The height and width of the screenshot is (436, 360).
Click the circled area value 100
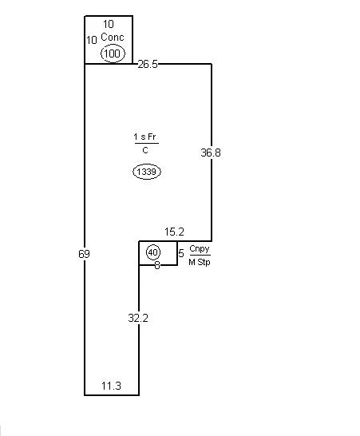[113, 54]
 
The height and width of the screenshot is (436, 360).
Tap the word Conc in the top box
[113, 37]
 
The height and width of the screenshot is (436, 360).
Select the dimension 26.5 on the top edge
[148, 64]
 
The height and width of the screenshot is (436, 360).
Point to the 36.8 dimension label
[211, 153]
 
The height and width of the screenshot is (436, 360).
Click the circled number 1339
[147, 172]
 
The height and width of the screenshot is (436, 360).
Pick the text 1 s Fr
[144, 137]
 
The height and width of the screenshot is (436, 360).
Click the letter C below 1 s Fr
[145, 150]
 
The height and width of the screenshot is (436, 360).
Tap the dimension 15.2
[174, 232]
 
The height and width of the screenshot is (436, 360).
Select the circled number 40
[153, 252]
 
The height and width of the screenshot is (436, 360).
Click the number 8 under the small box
[157, 266]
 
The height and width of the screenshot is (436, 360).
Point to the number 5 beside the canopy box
[181, 253]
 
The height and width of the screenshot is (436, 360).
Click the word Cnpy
[200, 249]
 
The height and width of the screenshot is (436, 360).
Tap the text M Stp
[200, 262]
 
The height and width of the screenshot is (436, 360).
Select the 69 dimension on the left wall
[84, 254]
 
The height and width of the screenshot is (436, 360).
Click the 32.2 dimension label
[138, 318]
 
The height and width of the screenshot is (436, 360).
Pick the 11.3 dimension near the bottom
[111, 386]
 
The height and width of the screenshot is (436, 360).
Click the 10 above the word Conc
[109, 24]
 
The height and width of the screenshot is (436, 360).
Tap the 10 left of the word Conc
[92, 40]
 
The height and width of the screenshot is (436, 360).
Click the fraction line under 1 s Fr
[147, 144]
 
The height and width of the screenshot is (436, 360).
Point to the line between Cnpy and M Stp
[200, 255]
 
